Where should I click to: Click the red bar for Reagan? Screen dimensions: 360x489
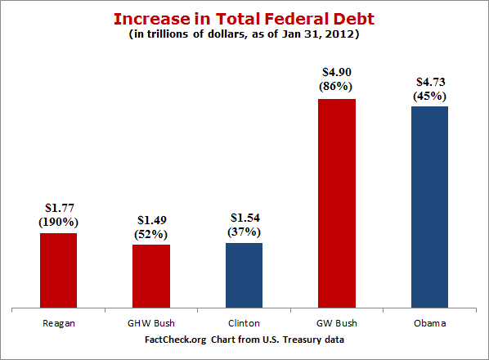click(x=58, y=271)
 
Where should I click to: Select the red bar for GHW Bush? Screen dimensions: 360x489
click(x=150, y=277)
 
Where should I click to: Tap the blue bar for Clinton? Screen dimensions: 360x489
click(x=244, y=276)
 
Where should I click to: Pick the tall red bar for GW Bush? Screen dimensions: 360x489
click(x=336, y=204)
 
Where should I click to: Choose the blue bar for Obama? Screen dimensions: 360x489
click(x=429, y=208)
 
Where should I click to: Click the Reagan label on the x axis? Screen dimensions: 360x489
click(x=58, y=323)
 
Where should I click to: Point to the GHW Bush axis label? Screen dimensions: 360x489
click(x=150, y=323)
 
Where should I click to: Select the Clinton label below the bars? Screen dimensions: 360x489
click(x=244, y=323)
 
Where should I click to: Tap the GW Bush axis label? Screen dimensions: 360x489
click(x=336, y=323)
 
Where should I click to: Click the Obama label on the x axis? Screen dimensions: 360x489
click(x=429, y=323)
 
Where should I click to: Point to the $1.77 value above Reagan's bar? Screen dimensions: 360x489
click(x=58, y=209)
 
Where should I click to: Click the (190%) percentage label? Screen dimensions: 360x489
click(x=58, y=223)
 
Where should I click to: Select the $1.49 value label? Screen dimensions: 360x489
click(x=150, y=220)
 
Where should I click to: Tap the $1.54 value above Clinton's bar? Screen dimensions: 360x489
click(x=244, y=218)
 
